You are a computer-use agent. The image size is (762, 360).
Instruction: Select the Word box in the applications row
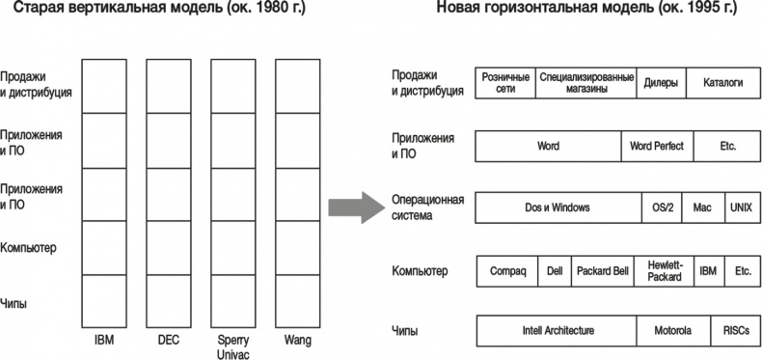coord(548,147)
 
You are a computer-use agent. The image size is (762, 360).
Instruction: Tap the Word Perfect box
coord(656,147)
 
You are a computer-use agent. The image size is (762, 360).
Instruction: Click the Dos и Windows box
coord(558,208)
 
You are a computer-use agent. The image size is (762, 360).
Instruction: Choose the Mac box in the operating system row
coord(701,208)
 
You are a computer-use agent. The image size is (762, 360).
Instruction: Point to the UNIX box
coord(742,208)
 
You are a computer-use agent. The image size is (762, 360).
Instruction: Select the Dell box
coord(554,271)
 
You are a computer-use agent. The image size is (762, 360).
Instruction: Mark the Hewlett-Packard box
coord(663,271)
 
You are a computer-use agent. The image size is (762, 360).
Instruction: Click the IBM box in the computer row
coord(708,271)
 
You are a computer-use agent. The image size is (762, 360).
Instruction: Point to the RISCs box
coord(735,331)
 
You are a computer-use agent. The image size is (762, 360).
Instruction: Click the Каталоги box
coord(722,83)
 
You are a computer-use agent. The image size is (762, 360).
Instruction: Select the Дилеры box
coord(662,83)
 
